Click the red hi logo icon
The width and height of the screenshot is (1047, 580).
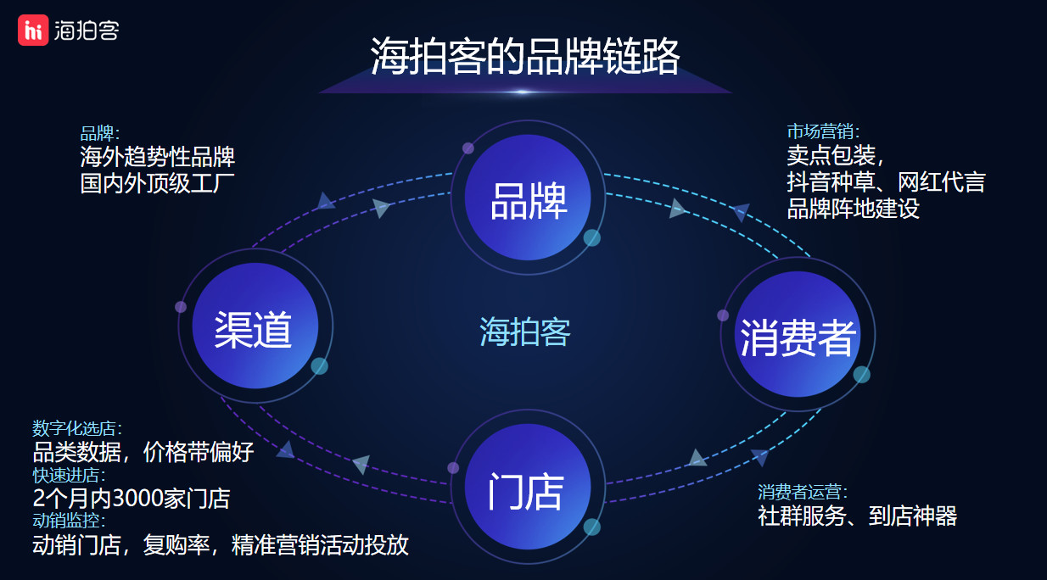click(x=33, y=30)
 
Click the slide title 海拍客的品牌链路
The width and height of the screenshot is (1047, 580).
click(x=525, y=57)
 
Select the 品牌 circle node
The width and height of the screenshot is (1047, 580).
click(x=528, y=198)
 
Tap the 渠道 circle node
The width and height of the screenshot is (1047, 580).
click(x=255, y=326)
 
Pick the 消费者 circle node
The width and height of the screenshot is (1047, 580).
click(x=798, y=334)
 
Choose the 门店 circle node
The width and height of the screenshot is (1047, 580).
click(x=528, y=487)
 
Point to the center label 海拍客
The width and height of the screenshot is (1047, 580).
click(x=525, y=332)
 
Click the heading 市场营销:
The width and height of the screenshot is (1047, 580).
click(x=823, y=131)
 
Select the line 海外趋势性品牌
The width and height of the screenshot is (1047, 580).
click(x=157, y=156)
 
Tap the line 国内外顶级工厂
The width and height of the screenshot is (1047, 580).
click(x=157, y=183)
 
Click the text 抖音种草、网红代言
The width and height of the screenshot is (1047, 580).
click(x=886, y=181)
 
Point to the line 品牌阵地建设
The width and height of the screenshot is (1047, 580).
click(x=853, y=209)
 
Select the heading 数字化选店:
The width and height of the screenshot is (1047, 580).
click(x=77, y=428)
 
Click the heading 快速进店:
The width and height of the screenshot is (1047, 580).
click(x=69, y=476)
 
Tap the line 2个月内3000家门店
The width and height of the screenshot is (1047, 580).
click(x=132, y=499)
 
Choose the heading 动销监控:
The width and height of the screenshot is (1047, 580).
click(x=69, y=521)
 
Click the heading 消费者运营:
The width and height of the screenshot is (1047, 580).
click(x=803, y=492)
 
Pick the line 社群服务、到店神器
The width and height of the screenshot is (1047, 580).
click(x=857, y=516)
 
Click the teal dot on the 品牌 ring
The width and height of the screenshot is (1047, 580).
click(x=591, y=237)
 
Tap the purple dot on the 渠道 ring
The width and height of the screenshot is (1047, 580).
click(x=181, y=307)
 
